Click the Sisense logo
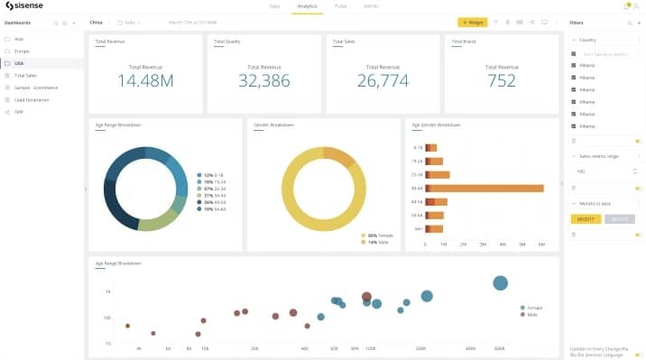point(27,6)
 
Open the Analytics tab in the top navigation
point(308,6)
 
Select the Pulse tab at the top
point(340,6)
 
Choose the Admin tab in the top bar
point(370,6)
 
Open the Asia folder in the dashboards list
point(19,39)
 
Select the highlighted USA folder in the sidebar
point(19,63)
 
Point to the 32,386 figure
point(263,80)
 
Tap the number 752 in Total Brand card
point(501,80)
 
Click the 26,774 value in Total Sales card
point(383,80)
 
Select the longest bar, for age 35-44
point(484,188)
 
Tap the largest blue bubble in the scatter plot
point(500,283)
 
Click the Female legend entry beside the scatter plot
point(533,308)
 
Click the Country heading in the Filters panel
point(587,41)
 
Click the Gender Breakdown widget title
point(271,125)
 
